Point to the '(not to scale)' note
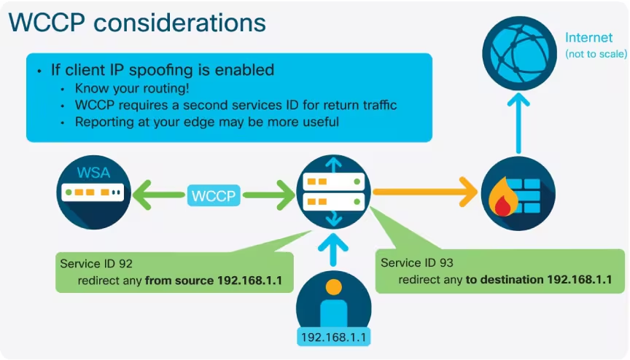[x=596, y=55]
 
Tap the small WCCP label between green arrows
[x=215, y=195]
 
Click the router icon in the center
[x=333, y=193]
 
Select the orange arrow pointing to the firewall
[x=423, y=194]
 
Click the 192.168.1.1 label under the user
[x=332, y=337]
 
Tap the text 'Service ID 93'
[x=417, y=262]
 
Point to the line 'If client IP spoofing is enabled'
[x=162, y=70]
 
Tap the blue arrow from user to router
[x=333, y=251]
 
